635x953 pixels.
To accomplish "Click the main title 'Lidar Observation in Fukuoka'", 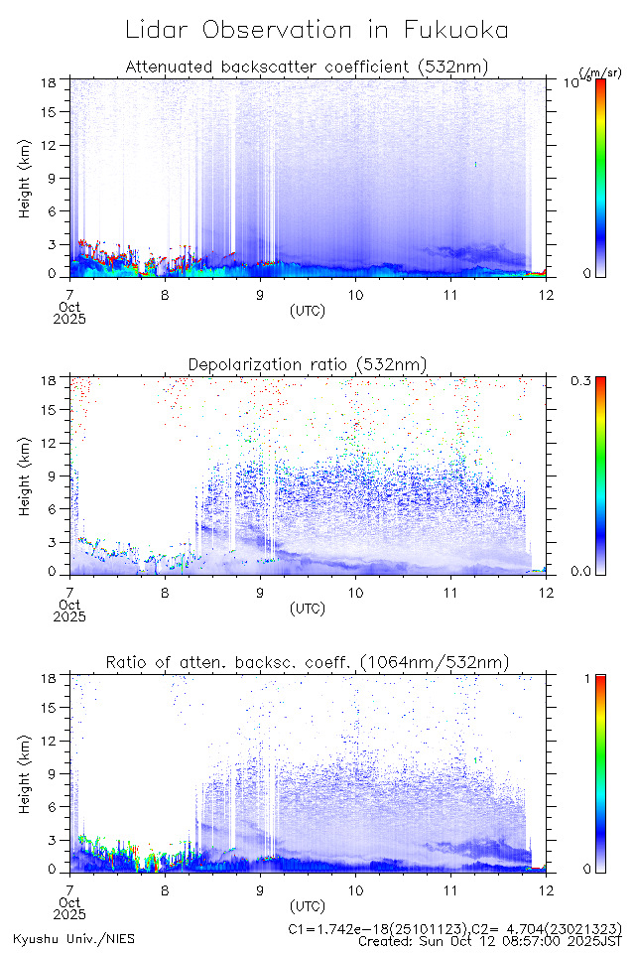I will pyautogui.click(x=317, y=31).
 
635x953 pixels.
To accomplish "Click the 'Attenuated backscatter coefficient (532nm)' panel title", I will pyautogui.click(x=307, y=67).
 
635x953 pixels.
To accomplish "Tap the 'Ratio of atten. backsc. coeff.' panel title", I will pyautogui.click(x=308, y=662).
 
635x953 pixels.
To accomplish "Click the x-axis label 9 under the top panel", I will pyautogui.click(x=260, y=294).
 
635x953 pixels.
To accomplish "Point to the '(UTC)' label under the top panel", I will pyautogui.click(x=307, y=311).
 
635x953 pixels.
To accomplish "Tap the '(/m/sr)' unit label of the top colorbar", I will pyautogui.click(x=599, y=72).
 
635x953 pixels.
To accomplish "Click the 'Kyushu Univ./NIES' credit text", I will pyautogui.click(x=74, y=938).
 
